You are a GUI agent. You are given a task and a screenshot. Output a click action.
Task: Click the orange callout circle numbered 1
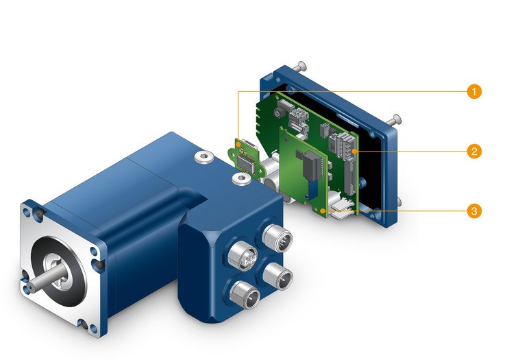click(x=474, y=92)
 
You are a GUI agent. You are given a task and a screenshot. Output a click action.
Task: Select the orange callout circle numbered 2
click(x=474, y=151)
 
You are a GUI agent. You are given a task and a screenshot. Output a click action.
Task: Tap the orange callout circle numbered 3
click(x=474, y=211)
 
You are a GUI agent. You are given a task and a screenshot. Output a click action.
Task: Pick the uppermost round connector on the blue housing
click(x=277, y=238)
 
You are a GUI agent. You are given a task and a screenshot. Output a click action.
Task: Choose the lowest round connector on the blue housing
click(x=244, y=295)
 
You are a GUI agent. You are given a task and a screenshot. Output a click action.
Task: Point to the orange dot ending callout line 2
click(x=355, y=151)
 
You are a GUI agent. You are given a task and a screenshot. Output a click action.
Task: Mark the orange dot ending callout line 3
click(x=322, y=211)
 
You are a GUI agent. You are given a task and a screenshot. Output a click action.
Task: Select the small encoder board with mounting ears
click(x=245, y=158)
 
